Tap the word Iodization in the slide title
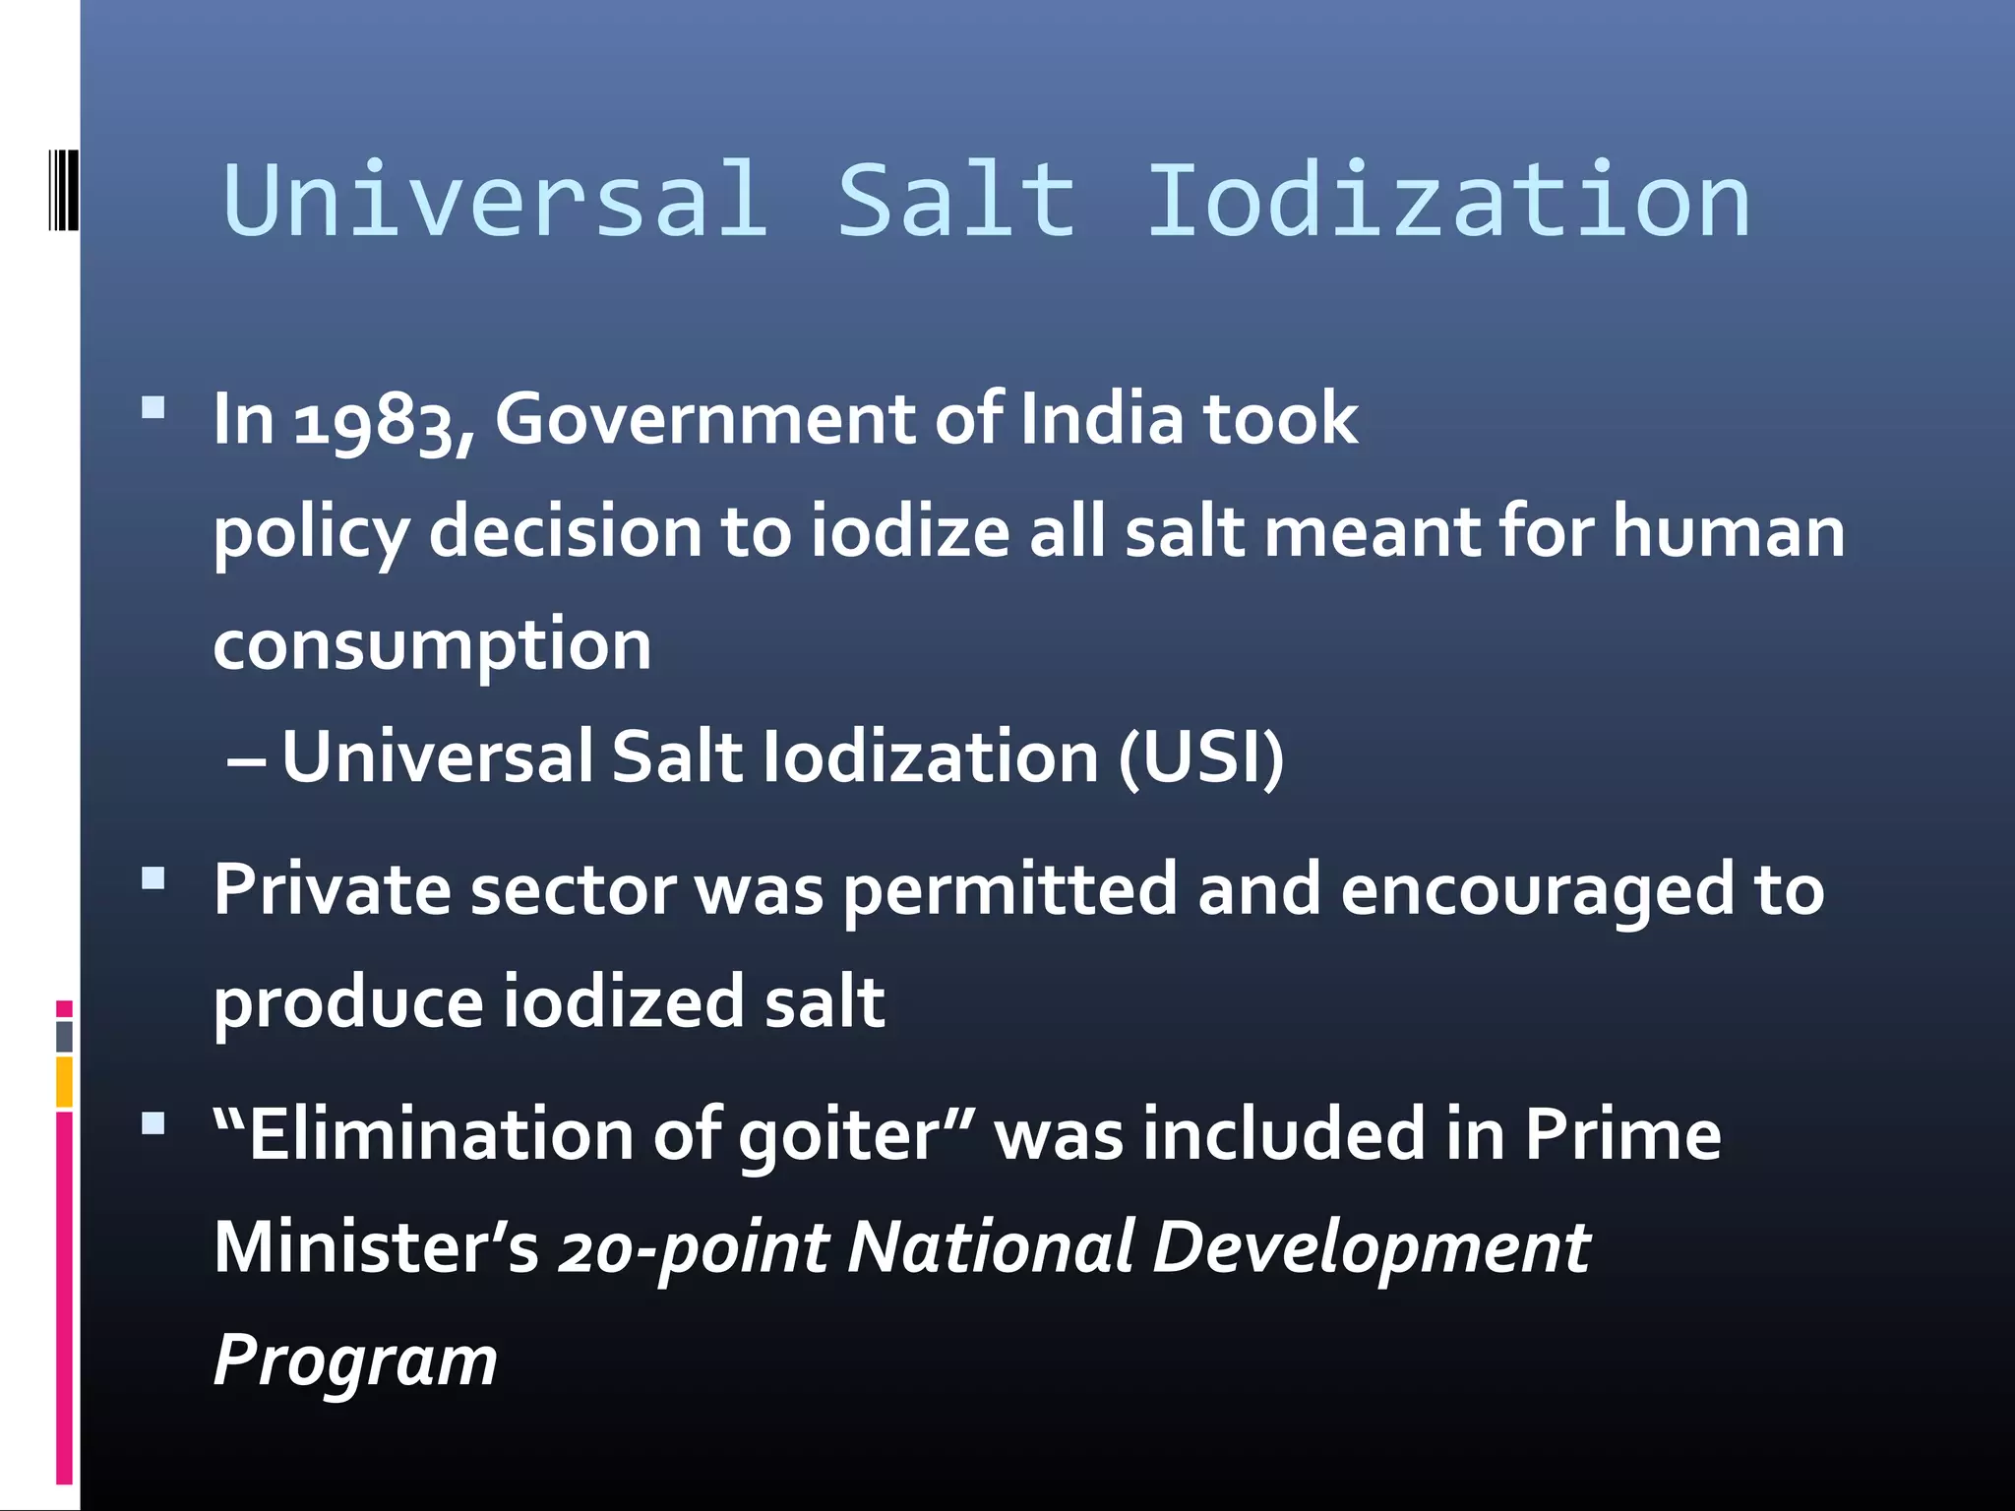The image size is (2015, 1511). pyautogui.click(x=1448, y=201)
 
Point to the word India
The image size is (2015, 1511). pyautogui.click(x=1101, y=419)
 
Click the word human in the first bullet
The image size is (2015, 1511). pyautogui.click(x=1728, y=532)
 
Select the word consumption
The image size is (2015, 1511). pyautogui.click(x=432, y=646)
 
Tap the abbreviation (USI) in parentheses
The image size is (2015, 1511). pyautogui.click(x=1201, y=757)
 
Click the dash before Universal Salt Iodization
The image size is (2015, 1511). pyautogui.click(x=245, y=760)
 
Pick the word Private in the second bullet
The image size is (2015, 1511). pyautogui.click(x=332, y=889)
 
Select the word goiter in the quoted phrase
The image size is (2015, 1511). pyautogui.click(x=839, y=1136)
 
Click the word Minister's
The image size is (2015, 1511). pyautogui.click(x=376, y=1247)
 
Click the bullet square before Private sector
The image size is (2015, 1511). pyautogui.click(x=153, y=877)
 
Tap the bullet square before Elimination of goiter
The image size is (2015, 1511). pyautogui.click(x=153, y=1123)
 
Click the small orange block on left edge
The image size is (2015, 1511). pyautogui.click(x=64, y=1081)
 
